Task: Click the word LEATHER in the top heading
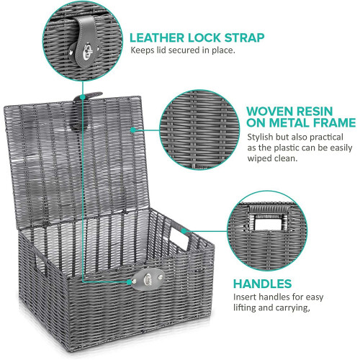pos(157,38)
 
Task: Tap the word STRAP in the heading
pos(244,38)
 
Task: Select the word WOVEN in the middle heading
pos(269,112)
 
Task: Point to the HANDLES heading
pos(263,284)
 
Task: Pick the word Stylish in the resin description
pos(260,138)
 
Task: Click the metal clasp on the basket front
pos(148,279)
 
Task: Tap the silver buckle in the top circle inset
pos(88,51)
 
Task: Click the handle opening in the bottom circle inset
pos(269,222)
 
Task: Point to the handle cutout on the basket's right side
pos(179,238)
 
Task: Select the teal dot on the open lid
pos(132,130)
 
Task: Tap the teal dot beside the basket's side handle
pos(184,231)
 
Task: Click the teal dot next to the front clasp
pos(129,282)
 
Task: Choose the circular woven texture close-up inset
pos(199,130)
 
